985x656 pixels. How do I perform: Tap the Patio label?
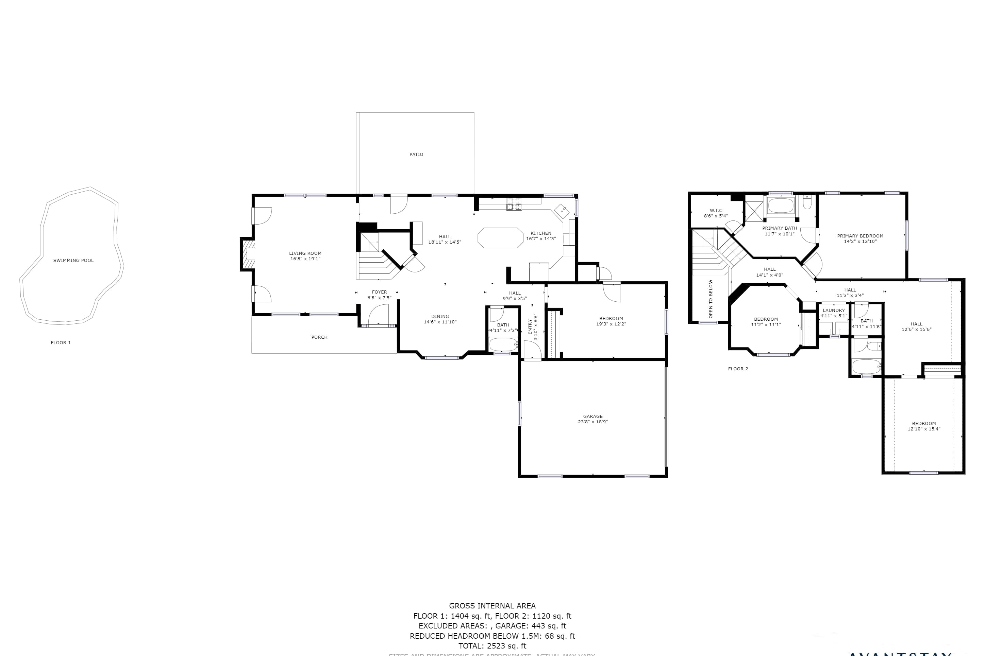pyautogui.click(x=416, y=154)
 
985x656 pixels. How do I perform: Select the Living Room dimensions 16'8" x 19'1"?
pyautogui.click(x=305, y=259)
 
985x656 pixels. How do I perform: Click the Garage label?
pyautogui.click(x=592, y=416)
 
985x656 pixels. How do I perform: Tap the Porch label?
pyautogui.click(x=319, y=337)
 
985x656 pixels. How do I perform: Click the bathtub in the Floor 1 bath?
pyautogui.click(x=503, y=345)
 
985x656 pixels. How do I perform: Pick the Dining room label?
pyautogui.click(x=440, y=316)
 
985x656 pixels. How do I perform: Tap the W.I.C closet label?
pyautogui.click(x=716, y=210)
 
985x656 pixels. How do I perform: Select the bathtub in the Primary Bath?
pyautogui.click(x=780, y=206)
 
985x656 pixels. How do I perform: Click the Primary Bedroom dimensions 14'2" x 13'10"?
pyautogui.click(x=860, y=242)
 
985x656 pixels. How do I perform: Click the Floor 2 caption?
pyautogui.click(x=738, y=369)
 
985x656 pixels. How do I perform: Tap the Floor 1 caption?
pyautogui.click(x=61, y=343)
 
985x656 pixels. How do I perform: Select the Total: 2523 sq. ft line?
pyautogui.click(x=492, y=646)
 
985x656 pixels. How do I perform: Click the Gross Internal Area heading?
pyautogui.click(x=492, y=606)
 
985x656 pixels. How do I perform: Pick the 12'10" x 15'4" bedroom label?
pyautogui.click(x=924, y=429)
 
